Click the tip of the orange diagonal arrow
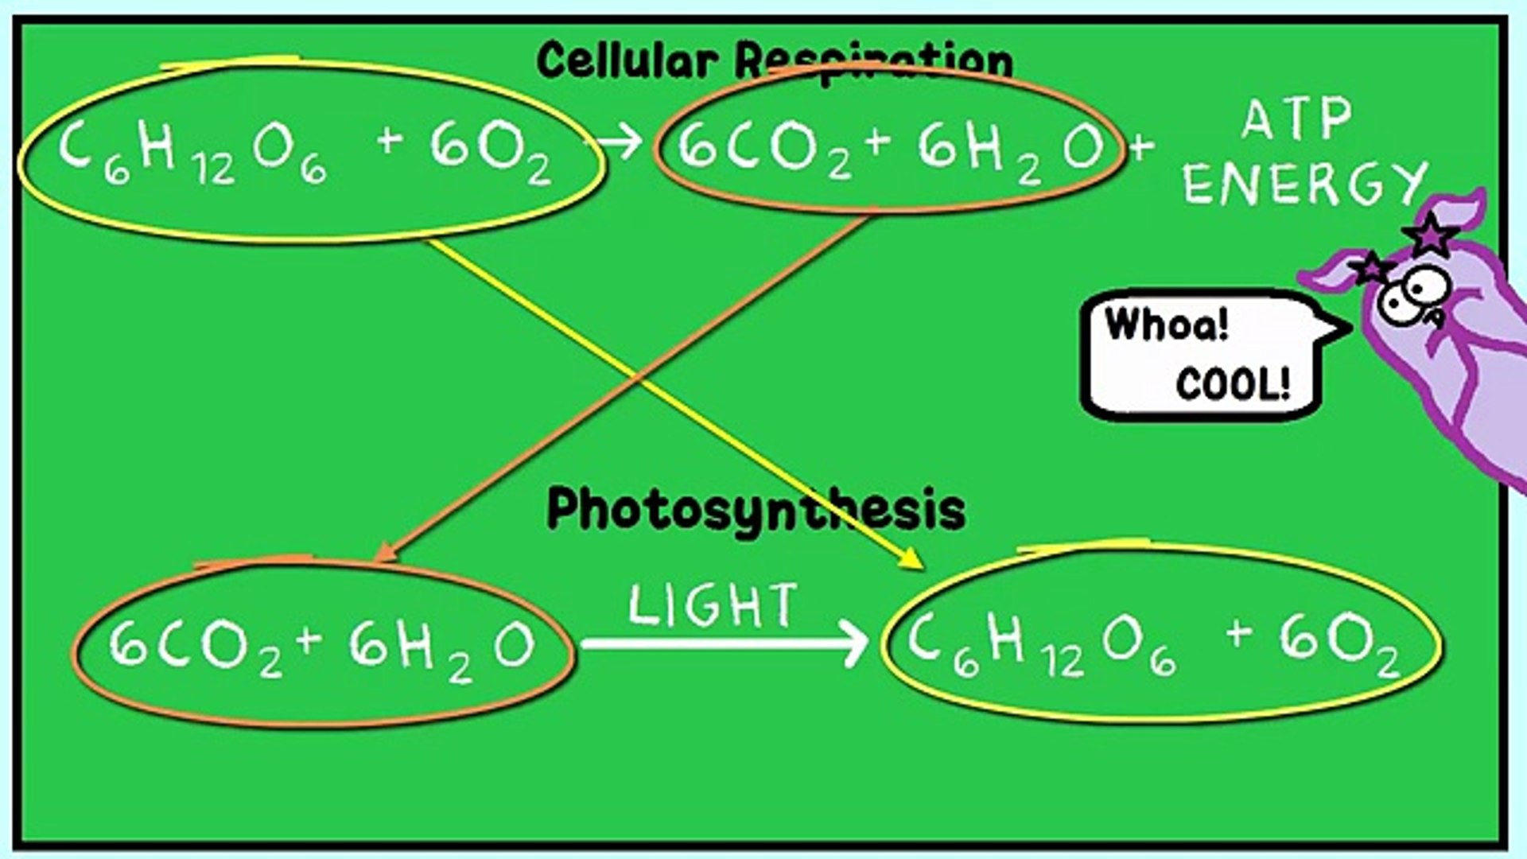tap(375, 562)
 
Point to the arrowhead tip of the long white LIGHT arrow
tap(868, 643)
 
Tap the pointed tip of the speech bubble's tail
tap(1351, 326)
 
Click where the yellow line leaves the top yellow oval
tap(429, 240)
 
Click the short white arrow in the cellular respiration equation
tap(620, 142)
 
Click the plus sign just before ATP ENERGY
tap(1141, 146)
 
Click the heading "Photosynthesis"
tap(756, 510)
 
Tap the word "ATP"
tap(1297, 119)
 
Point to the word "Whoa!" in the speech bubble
tap(1167, 325)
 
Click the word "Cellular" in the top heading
tap(627, 60)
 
